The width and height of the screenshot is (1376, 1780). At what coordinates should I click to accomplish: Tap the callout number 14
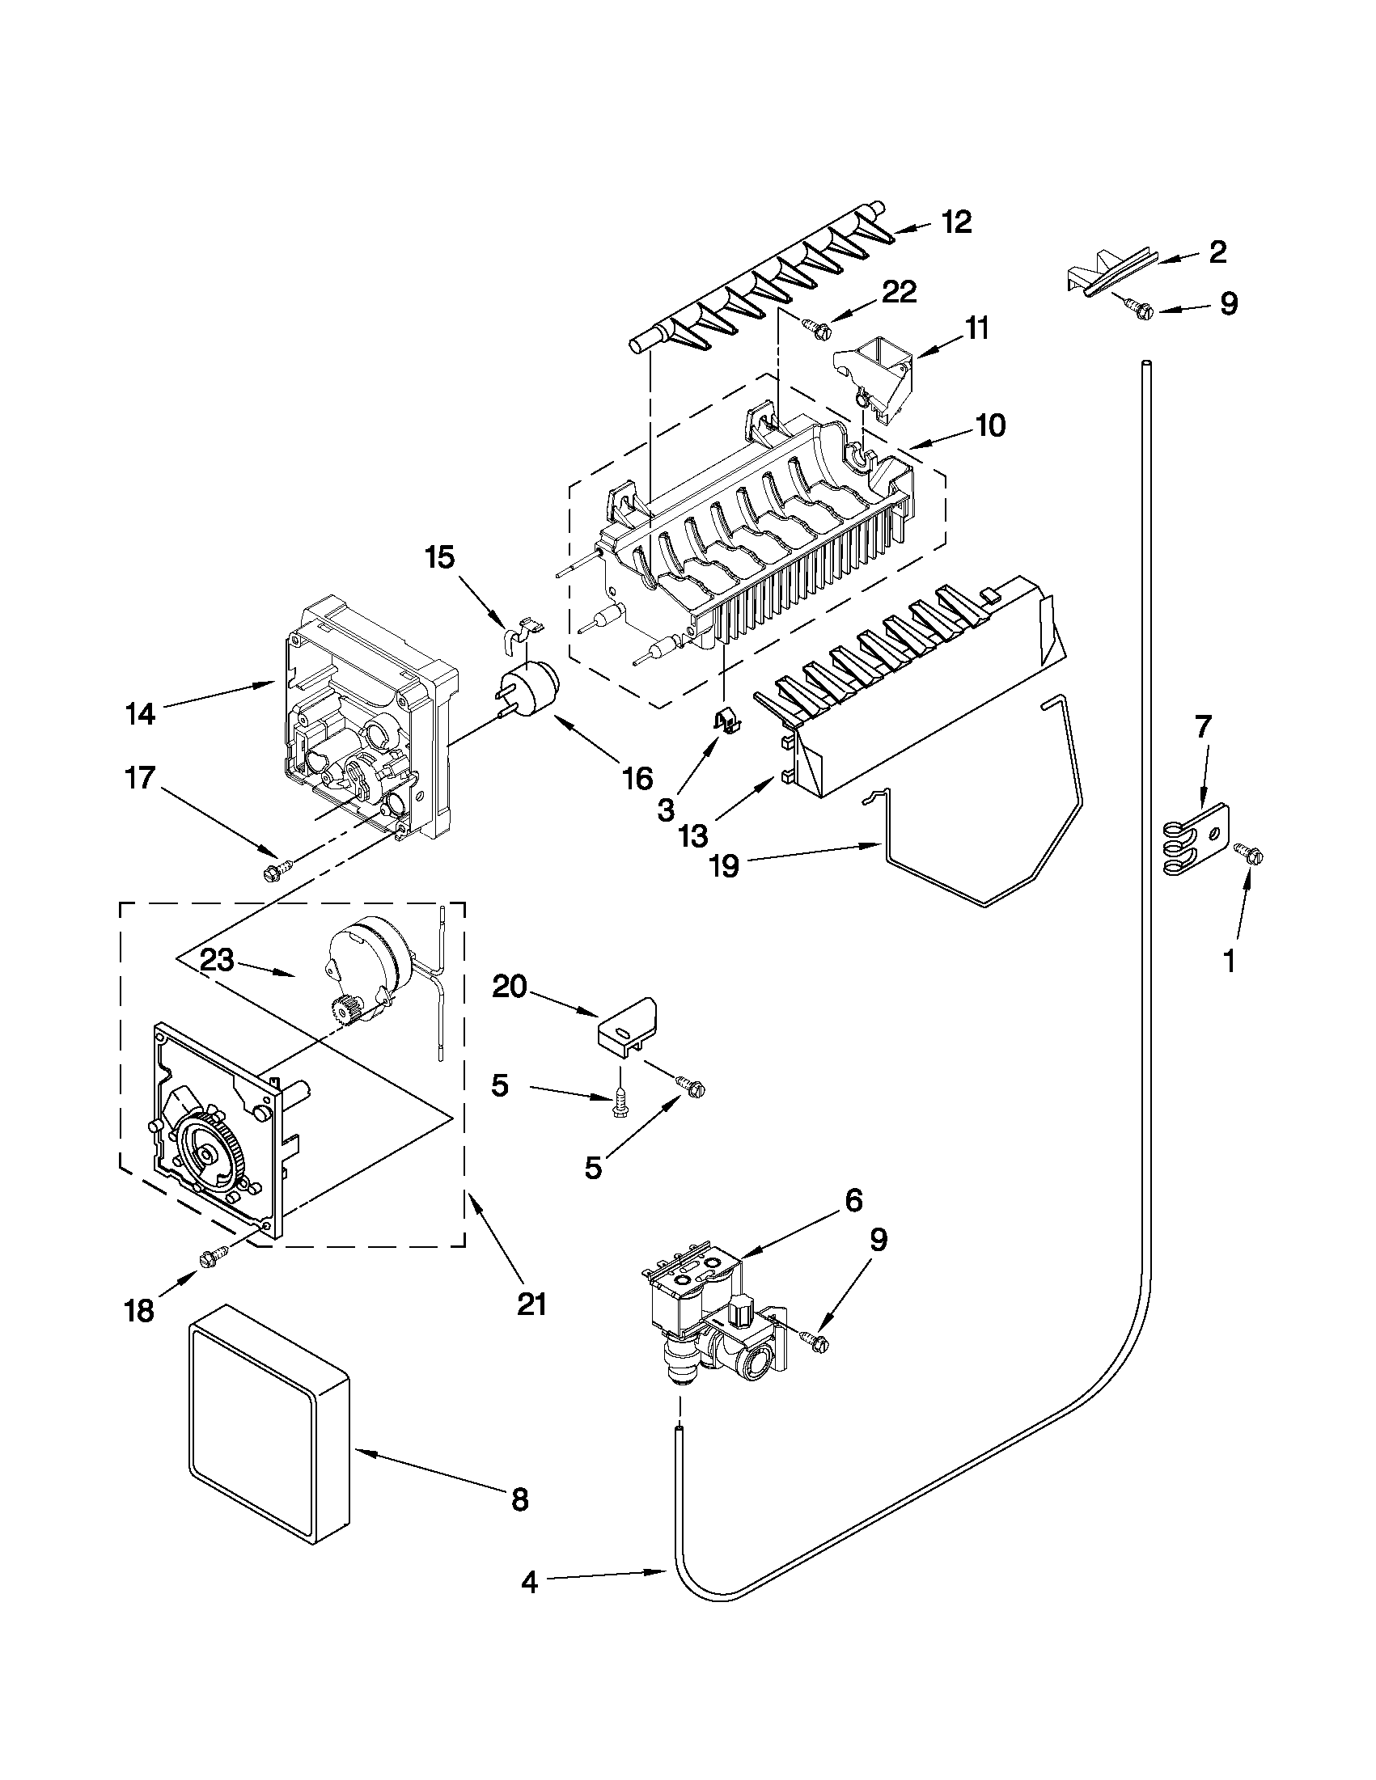tap(140, 714)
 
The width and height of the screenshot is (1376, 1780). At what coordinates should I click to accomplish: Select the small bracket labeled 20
tap(626, 1030)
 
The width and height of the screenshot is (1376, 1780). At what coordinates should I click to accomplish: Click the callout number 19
tap(724, 865)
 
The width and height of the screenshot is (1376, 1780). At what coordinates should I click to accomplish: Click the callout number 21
tap(531, 1304)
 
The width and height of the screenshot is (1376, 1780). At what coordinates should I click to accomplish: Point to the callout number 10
tap(990, 425)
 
